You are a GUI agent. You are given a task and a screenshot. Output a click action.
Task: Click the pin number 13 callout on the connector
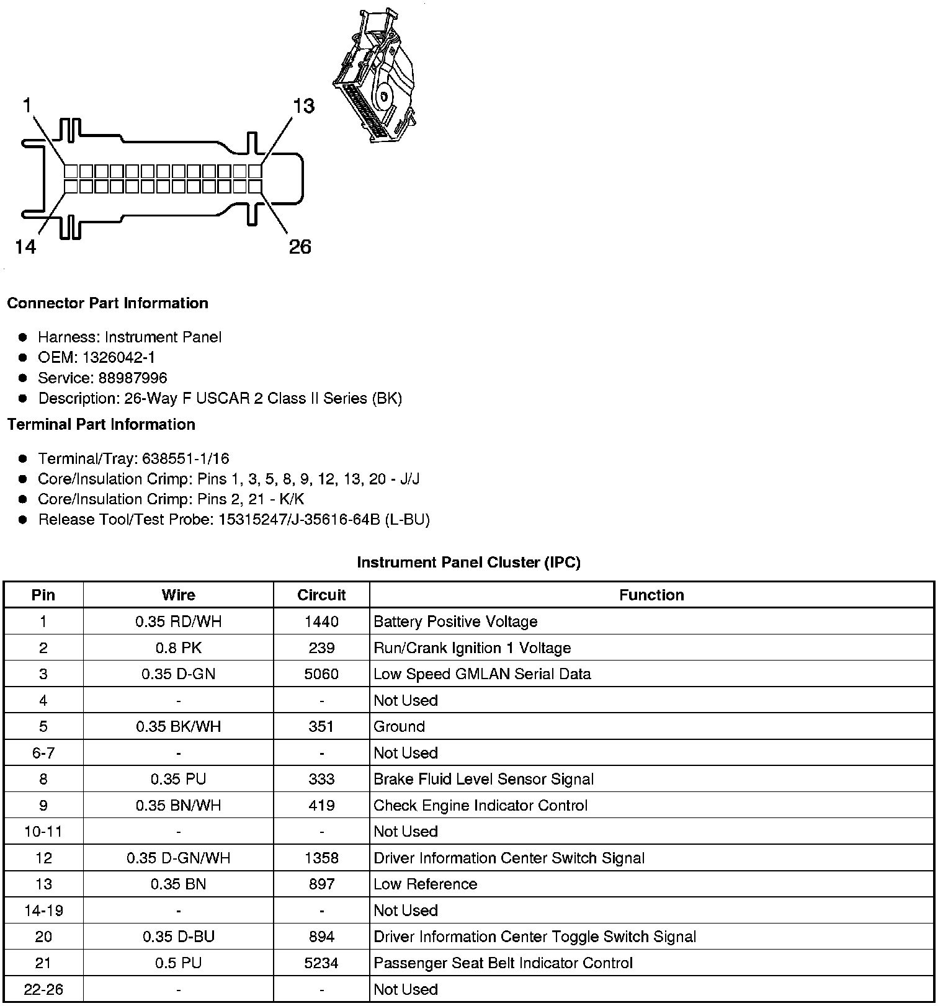(303, 106)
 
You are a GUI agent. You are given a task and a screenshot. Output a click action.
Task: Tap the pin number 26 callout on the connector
(300, 247)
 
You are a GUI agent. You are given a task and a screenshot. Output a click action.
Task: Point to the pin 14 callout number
(25, 247)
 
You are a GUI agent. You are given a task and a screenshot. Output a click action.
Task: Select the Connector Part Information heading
(107, 303)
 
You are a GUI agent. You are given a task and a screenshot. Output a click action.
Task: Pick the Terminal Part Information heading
(101, 424)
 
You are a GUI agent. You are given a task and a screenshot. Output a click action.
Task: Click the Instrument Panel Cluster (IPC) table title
(468, 563)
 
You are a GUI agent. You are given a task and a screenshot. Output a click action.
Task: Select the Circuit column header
(321, 595)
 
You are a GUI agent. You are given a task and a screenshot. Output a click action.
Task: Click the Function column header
(651, 595)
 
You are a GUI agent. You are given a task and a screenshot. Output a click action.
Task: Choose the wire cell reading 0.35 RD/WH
(178, 621)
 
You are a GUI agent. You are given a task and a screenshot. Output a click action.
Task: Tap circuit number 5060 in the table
(321, 674)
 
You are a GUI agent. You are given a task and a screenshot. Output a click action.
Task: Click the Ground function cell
(399, 726)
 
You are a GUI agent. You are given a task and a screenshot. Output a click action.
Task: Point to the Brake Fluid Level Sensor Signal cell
(483, 779)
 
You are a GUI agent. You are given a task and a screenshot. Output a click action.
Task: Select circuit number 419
(321, 805)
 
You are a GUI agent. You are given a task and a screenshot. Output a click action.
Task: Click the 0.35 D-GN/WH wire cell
(178, 858)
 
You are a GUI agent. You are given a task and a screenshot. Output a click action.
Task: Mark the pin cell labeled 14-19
(43, 910)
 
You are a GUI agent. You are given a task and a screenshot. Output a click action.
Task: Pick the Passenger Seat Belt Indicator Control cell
(503, 963)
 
